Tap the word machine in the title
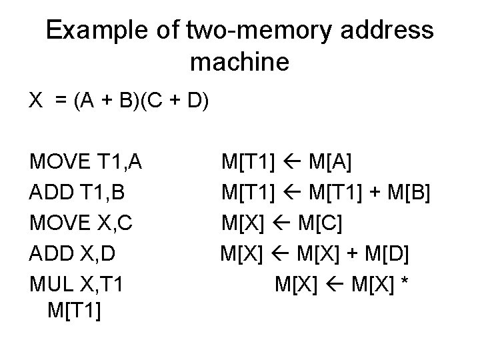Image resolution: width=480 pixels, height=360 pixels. [240, 63]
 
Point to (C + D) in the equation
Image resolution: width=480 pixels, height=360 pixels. [176, 101]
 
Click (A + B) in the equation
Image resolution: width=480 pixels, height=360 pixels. [107, 101]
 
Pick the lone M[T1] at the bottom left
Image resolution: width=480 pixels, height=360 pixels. [75, 310]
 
